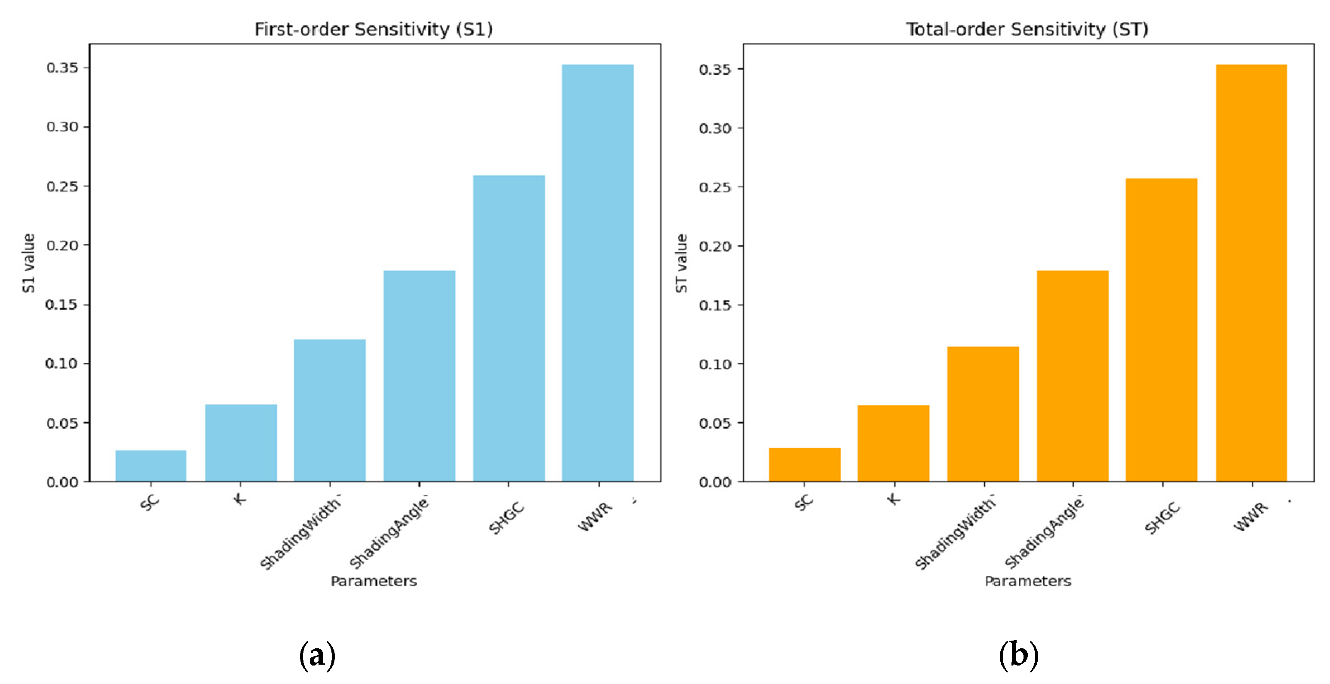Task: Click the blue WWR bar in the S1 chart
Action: click(x=598, y=273)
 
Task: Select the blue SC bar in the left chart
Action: click(x=151, y=466)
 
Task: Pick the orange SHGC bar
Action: click(x=1161, y=330)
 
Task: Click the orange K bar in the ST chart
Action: click(x=893, y=443)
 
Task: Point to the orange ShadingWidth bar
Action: click(x=983, y=414)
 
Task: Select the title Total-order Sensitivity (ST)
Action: click(x=1027, y=29)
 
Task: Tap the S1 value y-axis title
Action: click(x=29, y=263)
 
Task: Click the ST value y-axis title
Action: click(x=681, y=263)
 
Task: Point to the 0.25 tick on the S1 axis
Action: click(x=62, y=186)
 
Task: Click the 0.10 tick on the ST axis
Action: click(x=715, y=364)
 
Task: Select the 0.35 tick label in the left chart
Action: click(x=62, y=68)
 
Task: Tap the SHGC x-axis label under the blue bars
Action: click(x=506, y=518)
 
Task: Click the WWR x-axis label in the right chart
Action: click(x=1250, y=516)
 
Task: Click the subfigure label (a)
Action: click(x=317, y=656)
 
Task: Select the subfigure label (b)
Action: click(x=1018, y=656)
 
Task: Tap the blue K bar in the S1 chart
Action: click(x=241, y=443)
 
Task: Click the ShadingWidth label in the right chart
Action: click(x=955, y=533)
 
